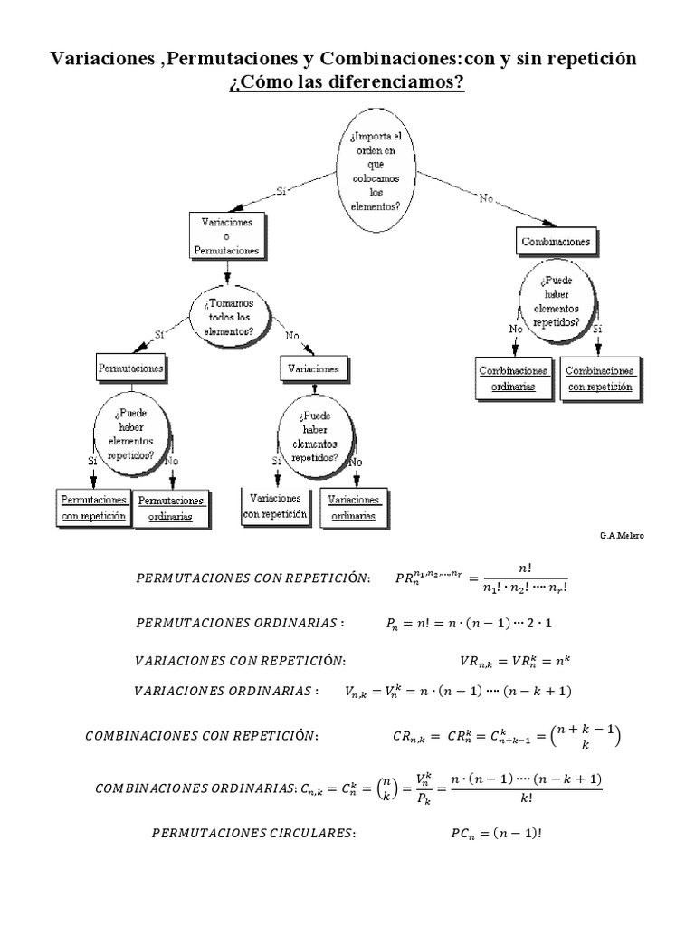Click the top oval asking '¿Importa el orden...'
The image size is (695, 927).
(x=376, y=170)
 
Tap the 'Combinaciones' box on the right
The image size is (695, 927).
(x=557, y=242)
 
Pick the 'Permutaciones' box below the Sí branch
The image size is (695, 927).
(x=131, y=369)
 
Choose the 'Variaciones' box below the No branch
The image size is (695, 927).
(x=313, y=369)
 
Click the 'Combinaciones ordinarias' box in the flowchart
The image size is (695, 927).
(x=514, y=379)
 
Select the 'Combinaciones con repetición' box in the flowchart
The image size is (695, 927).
(x=601, y=379)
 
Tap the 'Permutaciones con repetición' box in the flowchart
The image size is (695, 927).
(x=93, y=509)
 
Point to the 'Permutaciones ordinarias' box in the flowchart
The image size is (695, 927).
(x=172, y=509)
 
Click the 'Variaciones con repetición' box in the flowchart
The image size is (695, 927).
(x=275, y=507)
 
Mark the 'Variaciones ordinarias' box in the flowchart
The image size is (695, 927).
(x=354, y=509)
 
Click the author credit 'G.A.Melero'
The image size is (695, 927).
(x=623, y=536)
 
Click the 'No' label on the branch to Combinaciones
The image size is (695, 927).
(x=487, y=199)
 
